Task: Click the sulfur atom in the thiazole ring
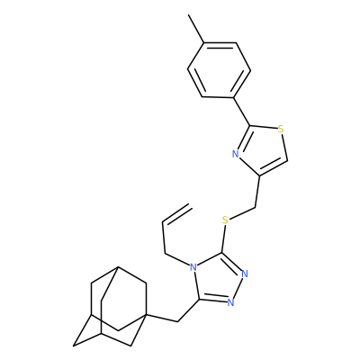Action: pos(281,130)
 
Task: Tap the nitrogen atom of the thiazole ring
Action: pos(236,155)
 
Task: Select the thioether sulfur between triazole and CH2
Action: pos(226,220)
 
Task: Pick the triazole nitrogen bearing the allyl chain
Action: pos(193,266)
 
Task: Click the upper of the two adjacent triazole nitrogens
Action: pos(245,274)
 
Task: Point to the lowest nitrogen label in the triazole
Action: pos(230,302)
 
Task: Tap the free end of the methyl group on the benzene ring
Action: pos(189,14)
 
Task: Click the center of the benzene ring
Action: pos(219,69)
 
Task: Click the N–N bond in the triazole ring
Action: pos(238,288)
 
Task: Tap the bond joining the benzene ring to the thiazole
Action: pos(241,112)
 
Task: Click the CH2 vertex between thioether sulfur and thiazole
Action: pos(255,207)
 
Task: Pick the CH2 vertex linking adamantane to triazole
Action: pos(178,321)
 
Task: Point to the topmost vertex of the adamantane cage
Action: pos(118,266)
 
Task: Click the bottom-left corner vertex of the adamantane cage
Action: pos(74,346)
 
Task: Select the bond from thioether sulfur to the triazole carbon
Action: pos(224,238)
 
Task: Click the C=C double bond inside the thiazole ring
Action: pos(273,168)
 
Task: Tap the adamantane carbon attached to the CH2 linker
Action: pos(147,314)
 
